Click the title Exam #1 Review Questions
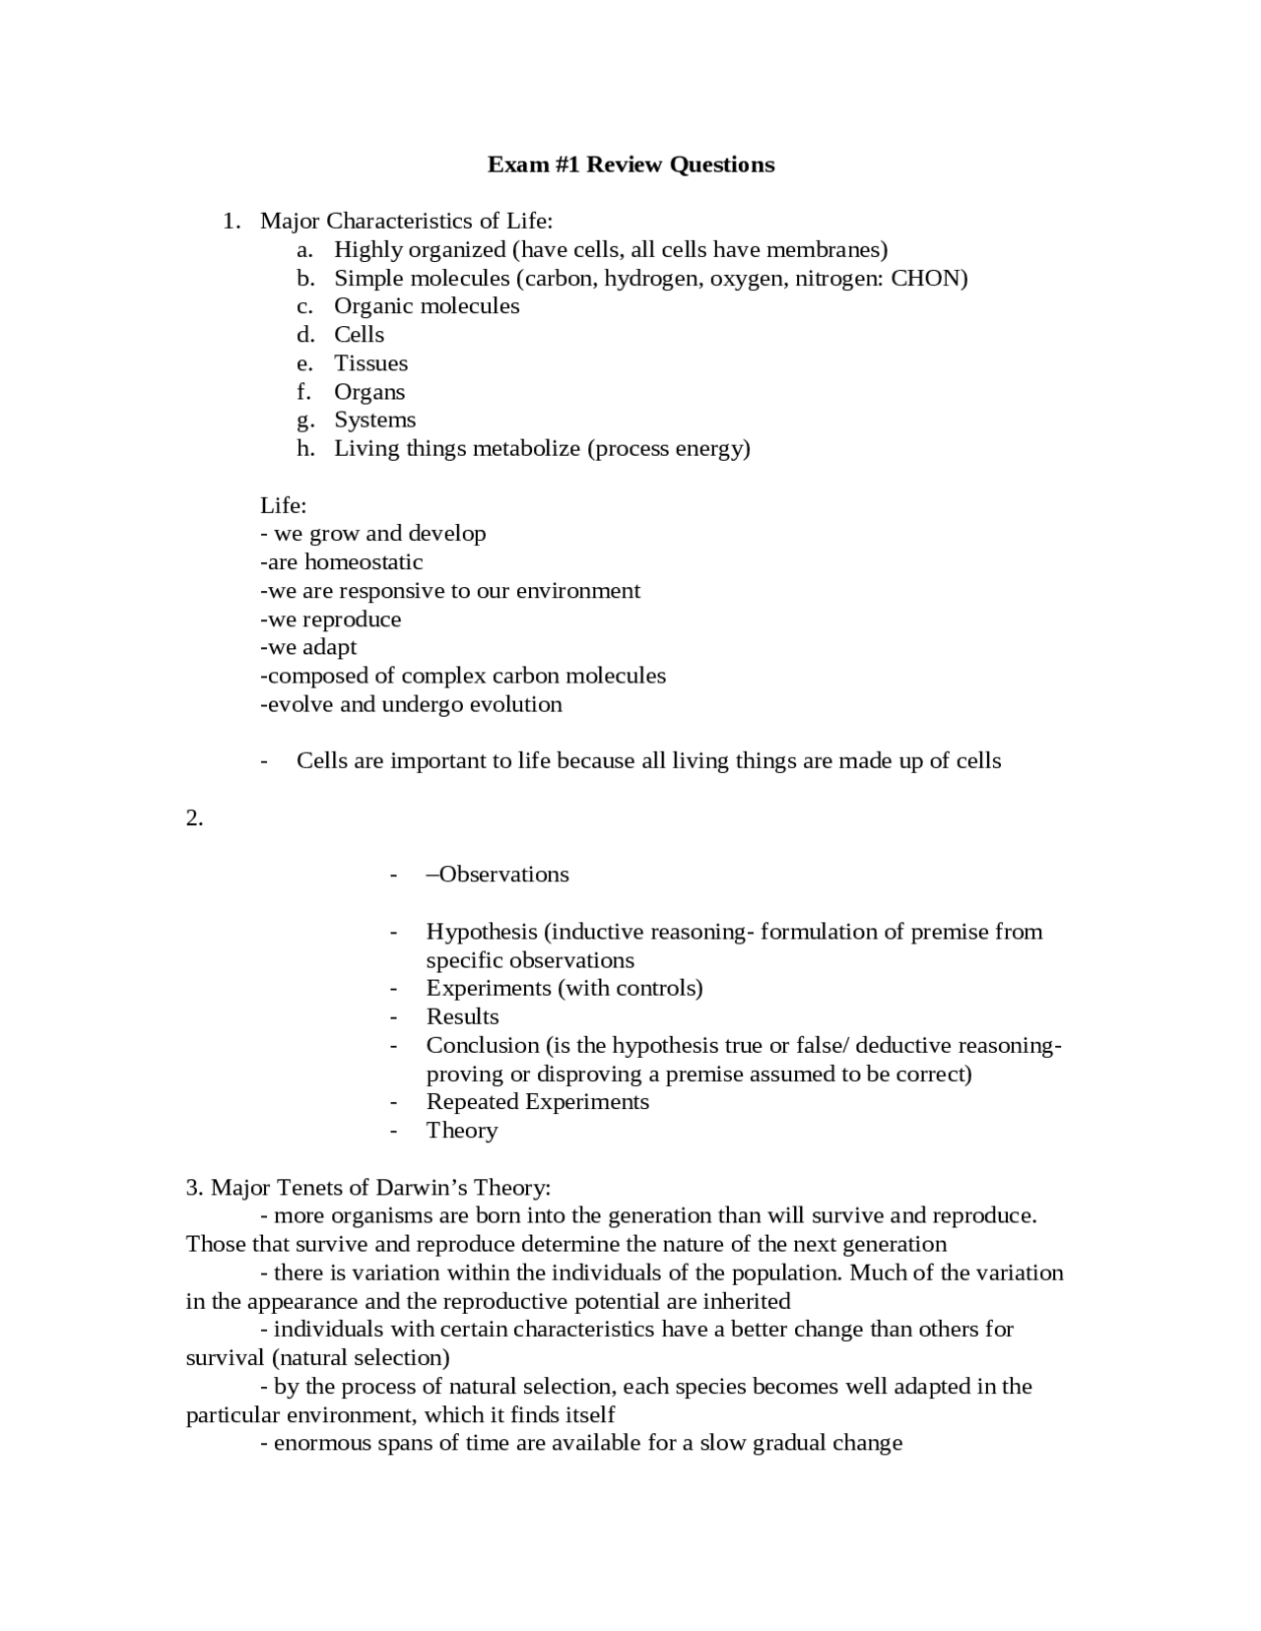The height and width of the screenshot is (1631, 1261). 630,164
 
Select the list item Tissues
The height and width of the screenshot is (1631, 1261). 370,363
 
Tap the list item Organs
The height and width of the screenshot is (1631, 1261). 369,392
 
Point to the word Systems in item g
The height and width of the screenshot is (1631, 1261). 374,420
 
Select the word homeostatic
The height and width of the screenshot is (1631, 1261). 364,562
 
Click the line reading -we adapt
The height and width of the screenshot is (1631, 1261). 308,647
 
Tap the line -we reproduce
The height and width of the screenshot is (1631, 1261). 331,620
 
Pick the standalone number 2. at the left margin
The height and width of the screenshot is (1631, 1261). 194,817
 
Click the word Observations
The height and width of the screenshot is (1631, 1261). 503,875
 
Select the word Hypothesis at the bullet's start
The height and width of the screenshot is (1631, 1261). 481,932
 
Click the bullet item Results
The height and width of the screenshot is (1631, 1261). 462,1016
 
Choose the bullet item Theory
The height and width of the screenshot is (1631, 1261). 461,1131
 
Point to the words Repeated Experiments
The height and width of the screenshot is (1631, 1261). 537,1102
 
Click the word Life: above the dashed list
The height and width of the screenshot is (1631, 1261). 283,505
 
